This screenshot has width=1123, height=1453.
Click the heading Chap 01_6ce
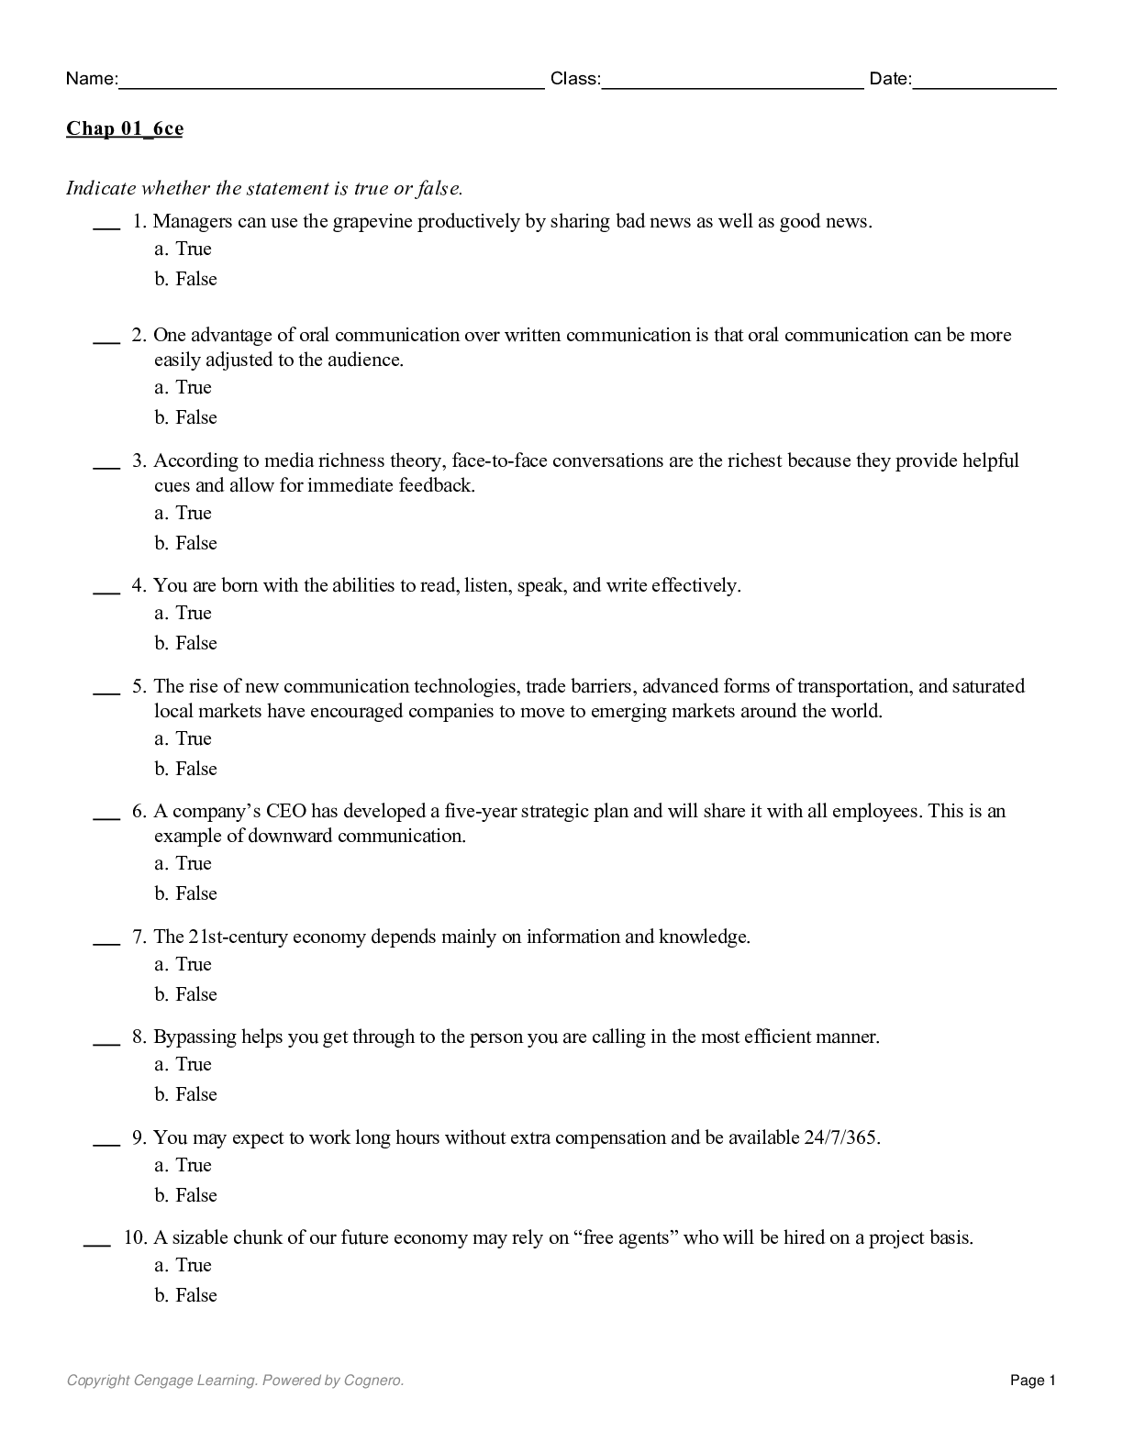[x=124, y=128]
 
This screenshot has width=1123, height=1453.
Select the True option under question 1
[x=193, y=250]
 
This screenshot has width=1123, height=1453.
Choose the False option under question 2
[x=195, y=418]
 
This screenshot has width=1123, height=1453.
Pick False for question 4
[x=195, y=644]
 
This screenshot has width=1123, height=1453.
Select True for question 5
[x=193, y=739]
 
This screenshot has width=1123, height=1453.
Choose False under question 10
[x=195, y=1296]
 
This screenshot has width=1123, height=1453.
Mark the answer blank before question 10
[x=96, y=1243]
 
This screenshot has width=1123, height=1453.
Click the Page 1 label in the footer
[x=1033, y=1381]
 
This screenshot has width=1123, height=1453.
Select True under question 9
[x=193, y=1166]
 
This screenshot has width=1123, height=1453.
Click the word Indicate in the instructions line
[x=101, y=189]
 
